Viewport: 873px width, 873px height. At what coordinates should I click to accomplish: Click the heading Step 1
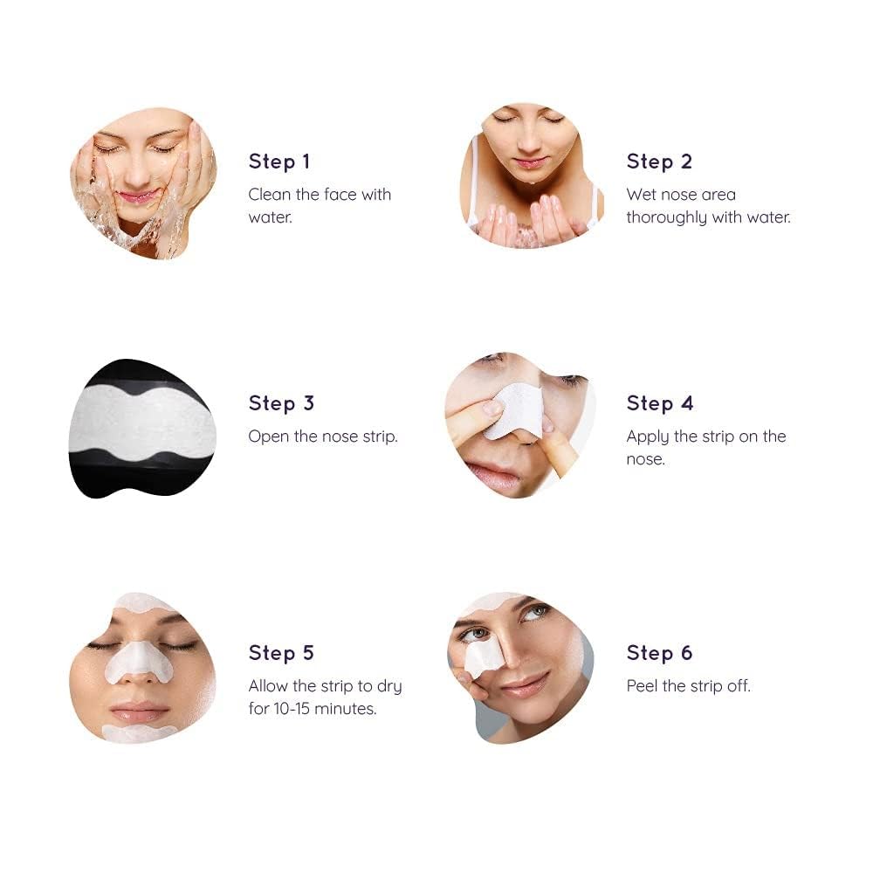[x=279, y=162]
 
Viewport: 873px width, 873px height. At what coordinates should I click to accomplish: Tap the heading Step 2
[x=659, y=162]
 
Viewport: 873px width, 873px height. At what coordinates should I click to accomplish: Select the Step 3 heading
[x=281, y=403]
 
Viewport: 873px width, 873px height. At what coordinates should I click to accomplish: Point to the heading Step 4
[x=660, y=403]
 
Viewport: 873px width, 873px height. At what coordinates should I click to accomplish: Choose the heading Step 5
[x=281, y=652]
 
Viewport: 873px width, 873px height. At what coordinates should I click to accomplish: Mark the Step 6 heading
[x=659, y=652]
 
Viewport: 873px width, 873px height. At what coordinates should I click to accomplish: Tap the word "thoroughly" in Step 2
[x=666, y=217]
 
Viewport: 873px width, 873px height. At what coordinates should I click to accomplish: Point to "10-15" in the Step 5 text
[x=292, y=709]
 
